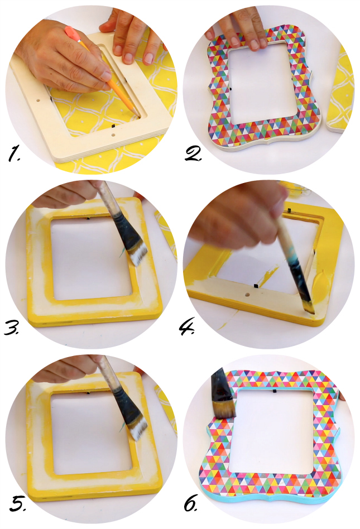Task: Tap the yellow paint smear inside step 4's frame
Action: click(x=267, y=273)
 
